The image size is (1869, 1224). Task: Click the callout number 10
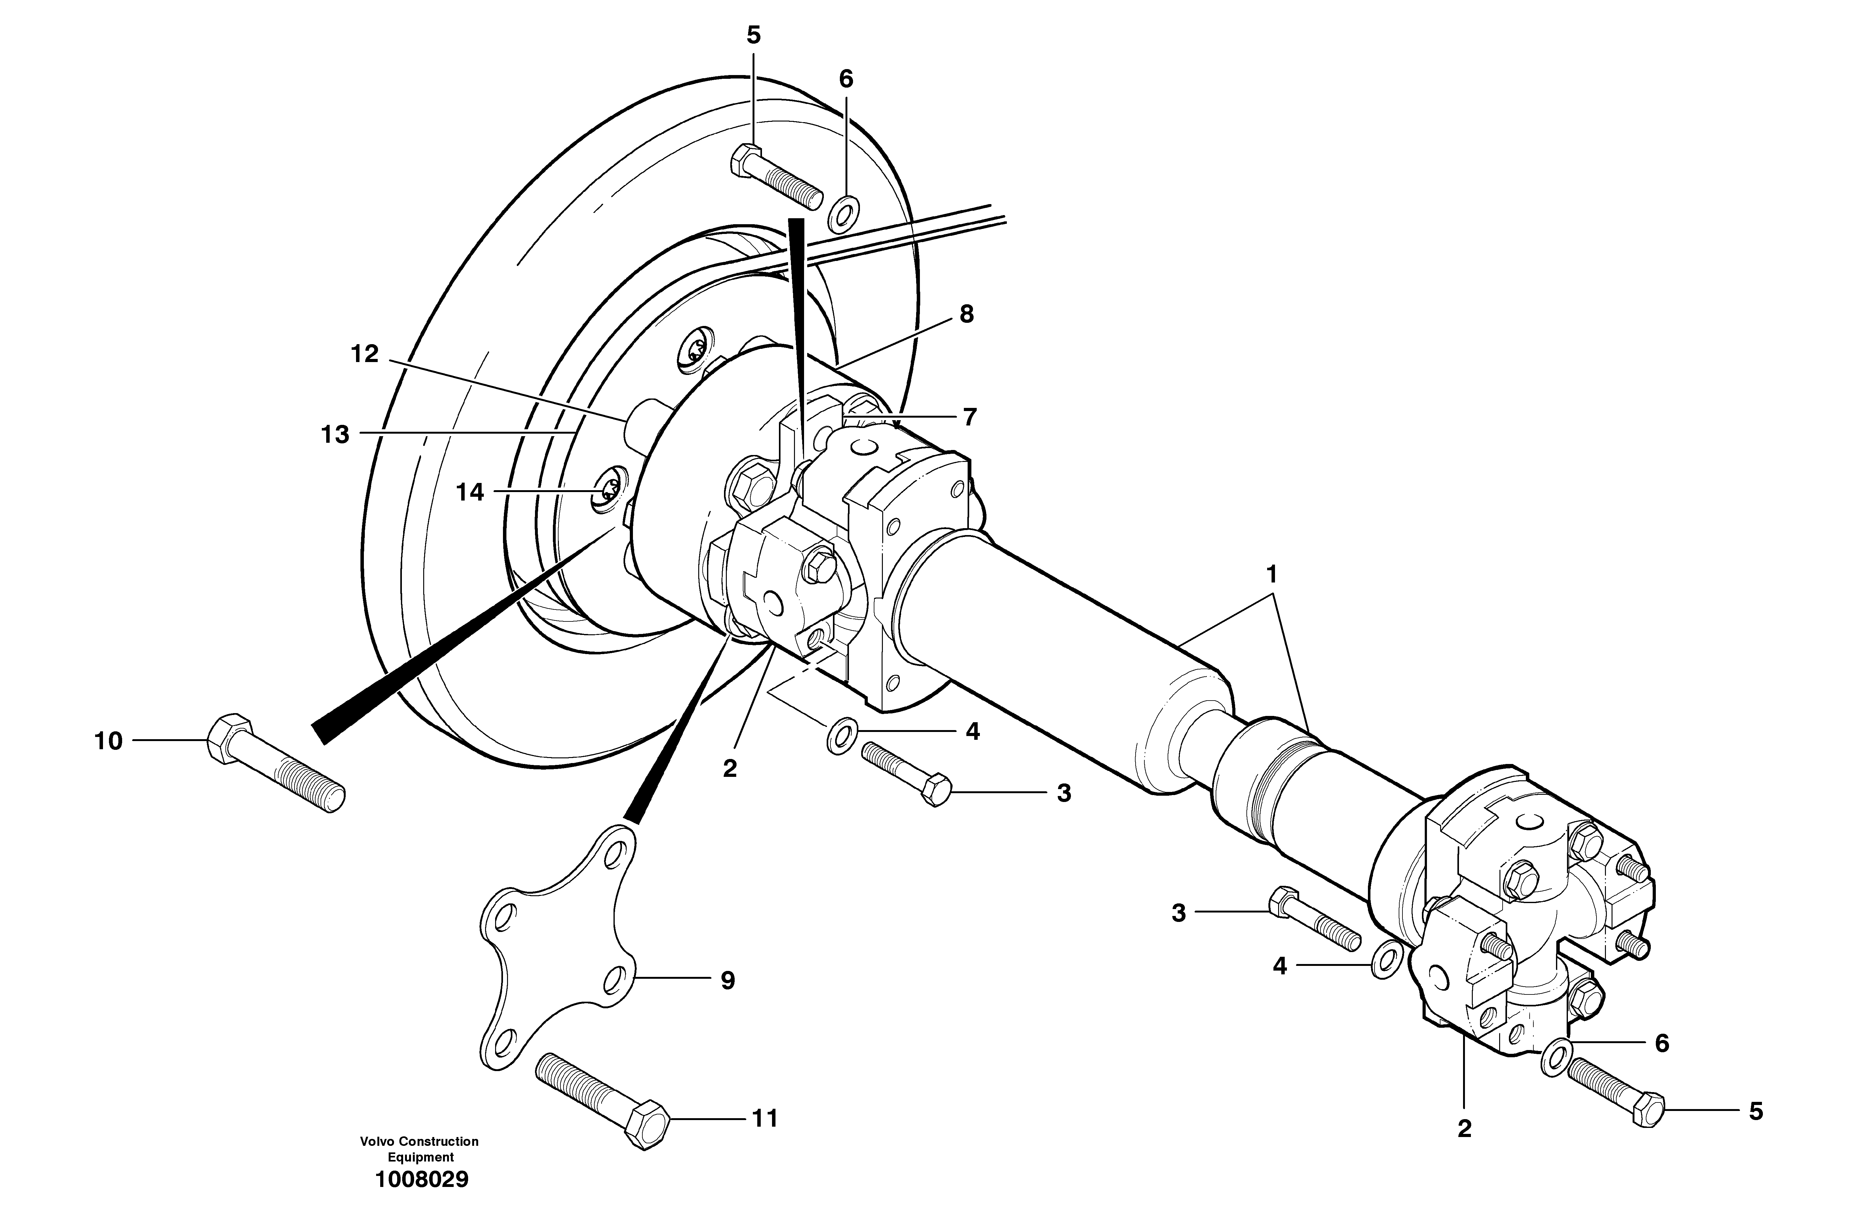click(x=108, y=741)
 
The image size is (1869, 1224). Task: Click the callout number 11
click(x=765, y=1118)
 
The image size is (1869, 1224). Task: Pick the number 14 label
click(x=470, y=493)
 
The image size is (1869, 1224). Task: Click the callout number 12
click(x=365, y=354)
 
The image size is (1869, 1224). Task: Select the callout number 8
click(x=966, y=314)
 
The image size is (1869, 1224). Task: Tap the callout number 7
click(x=970, y=417)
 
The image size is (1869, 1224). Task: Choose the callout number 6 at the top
click(x=846, y=79)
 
